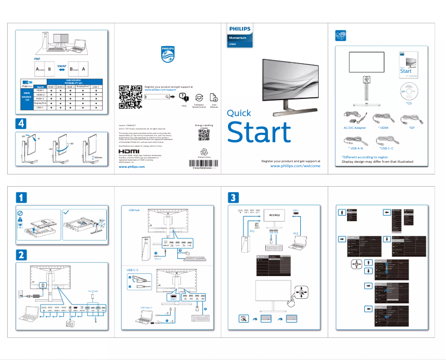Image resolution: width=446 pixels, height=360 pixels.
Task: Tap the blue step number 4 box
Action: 20,123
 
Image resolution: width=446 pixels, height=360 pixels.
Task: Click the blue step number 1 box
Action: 20,197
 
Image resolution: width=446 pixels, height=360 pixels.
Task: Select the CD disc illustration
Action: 409,91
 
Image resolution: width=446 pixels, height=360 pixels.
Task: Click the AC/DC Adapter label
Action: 351,128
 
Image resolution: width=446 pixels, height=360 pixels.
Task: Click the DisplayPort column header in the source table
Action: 81,87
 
